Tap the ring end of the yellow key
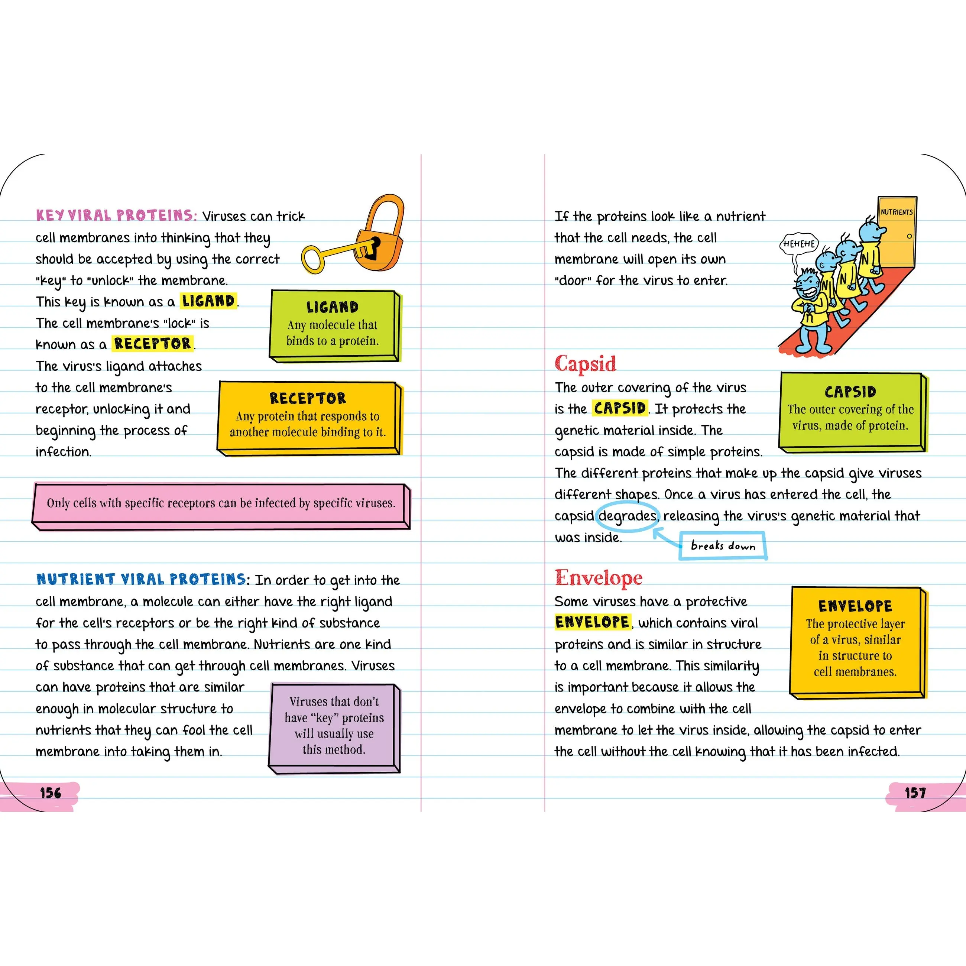point(313,259)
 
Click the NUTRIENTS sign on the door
point(897,212)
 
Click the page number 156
point(51,793)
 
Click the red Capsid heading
point(585,363)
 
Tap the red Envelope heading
point(599,577)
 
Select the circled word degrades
point(628,515)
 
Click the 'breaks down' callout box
point(723,545)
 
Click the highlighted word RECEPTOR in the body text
point(152,344)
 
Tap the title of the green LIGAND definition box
point(333,307)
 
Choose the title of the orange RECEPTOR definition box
point(308,398)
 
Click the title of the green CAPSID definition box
point(850,392)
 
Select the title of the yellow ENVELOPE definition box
point(855,606)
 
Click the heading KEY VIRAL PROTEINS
point(116,215)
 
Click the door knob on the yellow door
point(909,236)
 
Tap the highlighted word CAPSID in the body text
point(620,408)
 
